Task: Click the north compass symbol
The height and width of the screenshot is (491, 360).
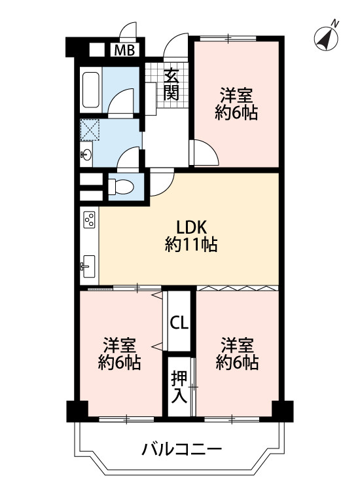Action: (326, 39)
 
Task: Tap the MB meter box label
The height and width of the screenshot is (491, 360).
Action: (124, 50)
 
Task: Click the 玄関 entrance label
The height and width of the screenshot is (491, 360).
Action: (172, 84)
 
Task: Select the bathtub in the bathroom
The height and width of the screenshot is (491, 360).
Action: (91, 90)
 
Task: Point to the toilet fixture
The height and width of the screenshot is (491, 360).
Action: (121, 187)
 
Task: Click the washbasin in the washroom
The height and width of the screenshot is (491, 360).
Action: (86, 155)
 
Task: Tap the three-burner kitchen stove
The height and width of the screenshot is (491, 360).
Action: (89, 219)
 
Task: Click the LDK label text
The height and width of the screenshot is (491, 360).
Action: (192, 227)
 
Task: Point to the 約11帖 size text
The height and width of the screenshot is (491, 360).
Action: (191, 245)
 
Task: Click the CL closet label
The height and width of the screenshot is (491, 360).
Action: (179, 323)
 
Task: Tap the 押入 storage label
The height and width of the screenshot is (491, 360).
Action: (179, 388)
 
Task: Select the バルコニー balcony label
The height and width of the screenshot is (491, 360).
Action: (181, 450)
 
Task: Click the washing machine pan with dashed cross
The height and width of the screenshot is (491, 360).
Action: (90, 130)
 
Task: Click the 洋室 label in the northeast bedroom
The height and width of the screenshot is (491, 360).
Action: (237, 96)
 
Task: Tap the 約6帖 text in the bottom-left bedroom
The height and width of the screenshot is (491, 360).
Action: (119, 362)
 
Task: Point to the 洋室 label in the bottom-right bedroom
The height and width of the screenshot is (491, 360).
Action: (237, 346)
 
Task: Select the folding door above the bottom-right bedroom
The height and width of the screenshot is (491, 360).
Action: (238, 288)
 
